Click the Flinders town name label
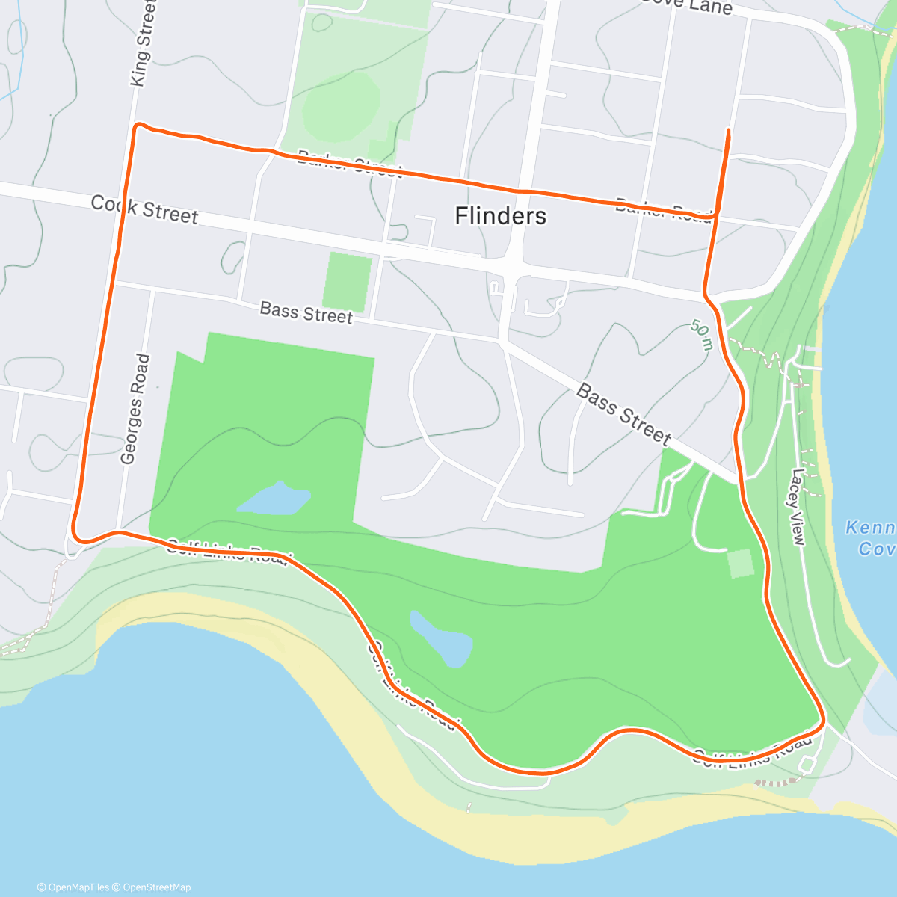[501, 216]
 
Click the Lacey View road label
[798, 507]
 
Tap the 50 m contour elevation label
[701, 335]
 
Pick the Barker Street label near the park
[349, 163]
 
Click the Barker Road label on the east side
[663, 210]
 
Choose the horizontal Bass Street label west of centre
[306, 312]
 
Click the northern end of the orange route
[727, 131]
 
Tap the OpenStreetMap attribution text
[156, 887]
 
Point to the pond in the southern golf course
[443, 641]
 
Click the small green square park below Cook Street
[348, 281]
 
